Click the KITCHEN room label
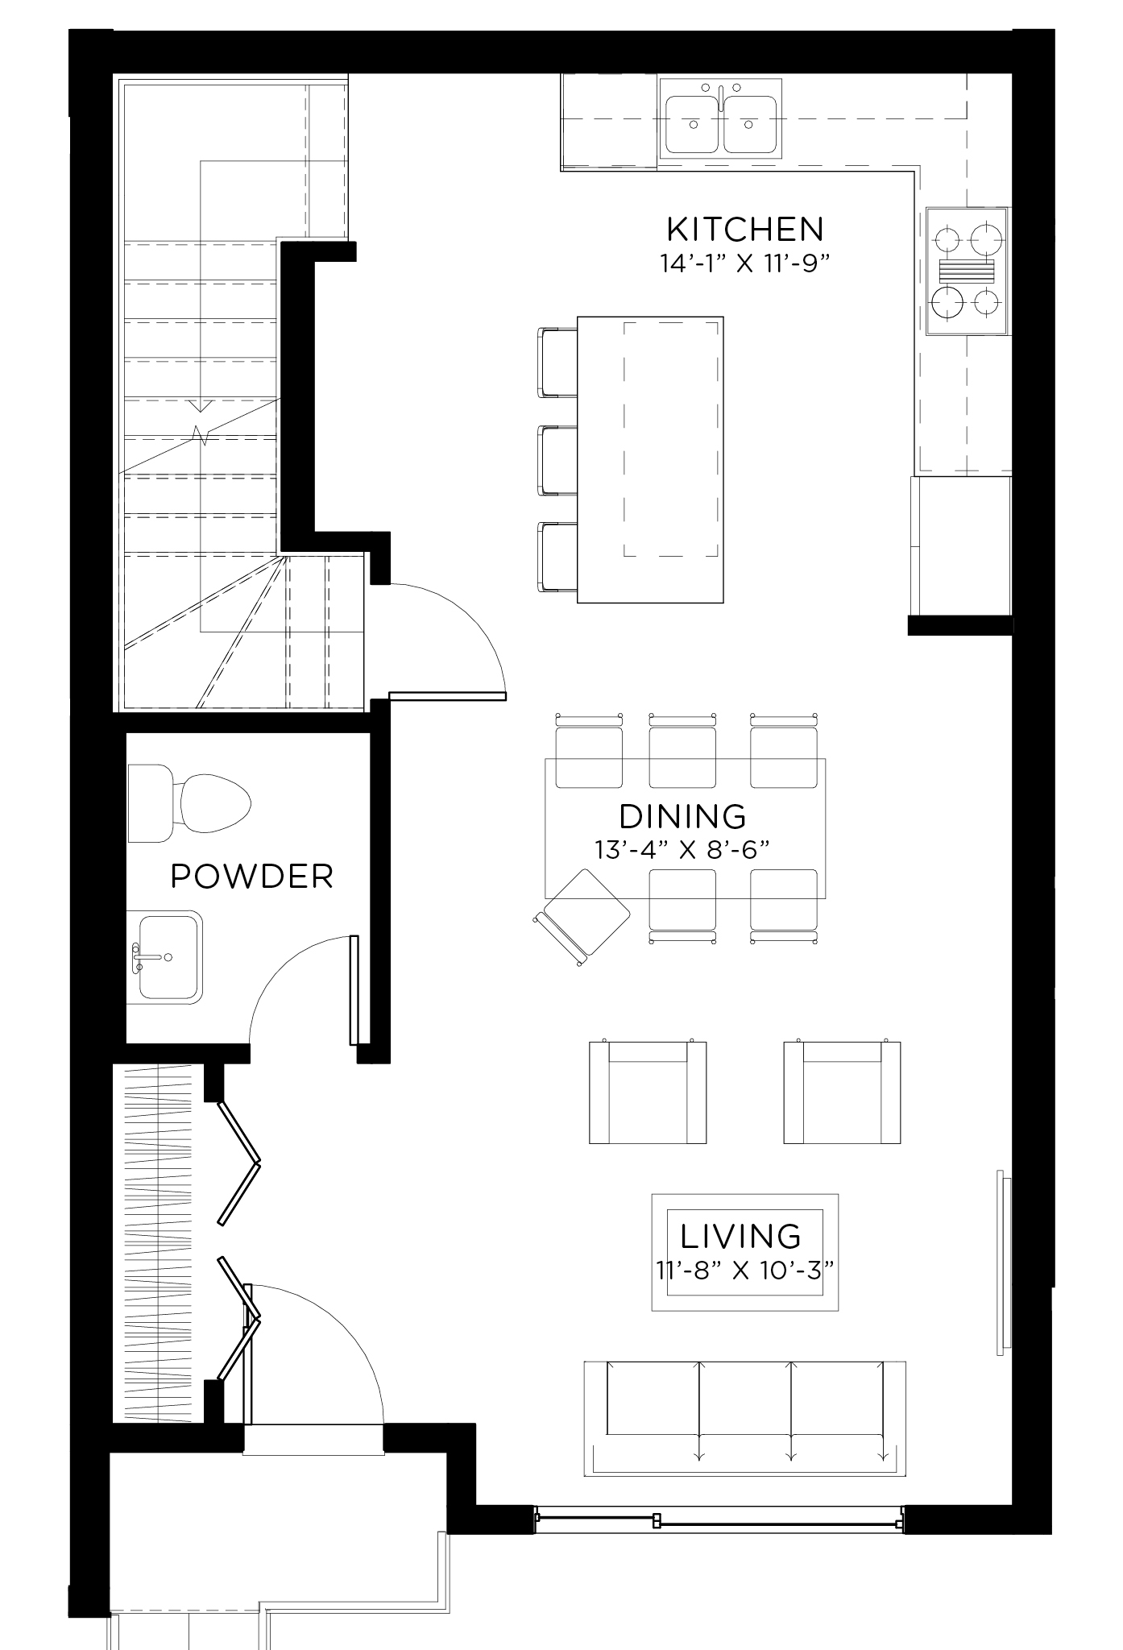[745, 230]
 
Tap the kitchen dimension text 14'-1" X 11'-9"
[745, 264]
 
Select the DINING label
[683, 816]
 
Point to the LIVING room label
[741, 1236]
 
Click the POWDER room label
[252, 877]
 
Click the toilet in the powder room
[193, 803]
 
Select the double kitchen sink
[721, 117]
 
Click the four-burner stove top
[966, 271]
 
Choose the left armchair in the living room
[648, 1092]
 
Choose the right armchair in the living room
[842, 1092]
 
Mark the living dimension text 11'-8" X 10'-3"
[743, 1271]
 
